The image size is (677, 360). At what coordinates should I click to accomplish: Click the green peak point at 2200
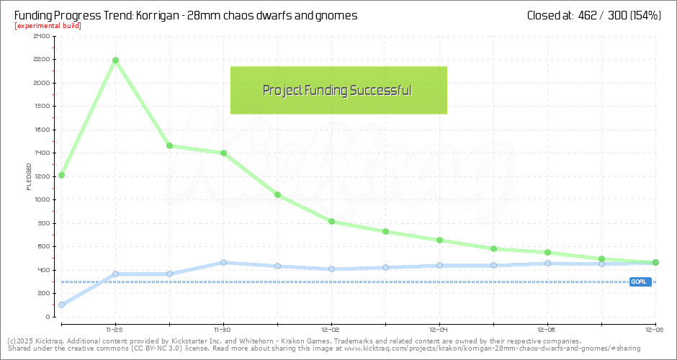point(115,60)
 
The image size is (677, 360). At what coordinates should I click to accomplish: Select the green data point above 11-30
point(223,153)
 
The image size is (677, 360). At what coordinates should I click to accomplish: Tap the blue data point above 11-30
point(223,262)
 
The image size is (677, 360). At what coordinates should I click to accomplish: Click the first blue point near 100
point(61,305)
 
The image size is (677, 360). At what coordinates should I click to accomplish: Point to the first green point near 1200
point(61,175)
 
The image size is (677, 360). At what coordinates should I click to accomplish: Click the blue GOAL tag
point(638,282)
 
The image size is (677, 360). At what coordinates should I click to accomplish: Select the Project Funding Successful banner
point(338,90)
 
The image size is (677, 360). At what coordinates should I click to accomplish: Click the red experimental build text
point(48,26)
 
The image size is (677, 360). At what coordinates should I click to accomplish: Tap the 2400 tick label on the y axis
point(42,36)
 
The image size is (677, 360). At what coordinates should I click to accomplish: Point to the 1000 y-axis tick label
point(42,199)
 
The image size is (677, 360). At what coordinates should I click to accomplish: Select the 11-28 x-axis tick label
point(115,325)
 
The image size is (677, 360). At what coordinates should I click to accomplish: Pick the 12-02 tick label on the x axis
point(331,325)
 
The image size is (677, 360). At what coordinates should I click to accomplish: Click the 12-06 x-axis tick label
point(547,325)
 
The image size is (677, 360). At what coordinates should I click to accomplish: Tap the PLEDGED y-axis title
point(29,176)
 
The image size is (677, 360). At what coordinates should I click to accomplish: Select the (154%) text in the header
point(645,15)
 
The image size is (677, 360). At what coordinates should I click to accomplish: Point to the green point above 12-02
point(331,221)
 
